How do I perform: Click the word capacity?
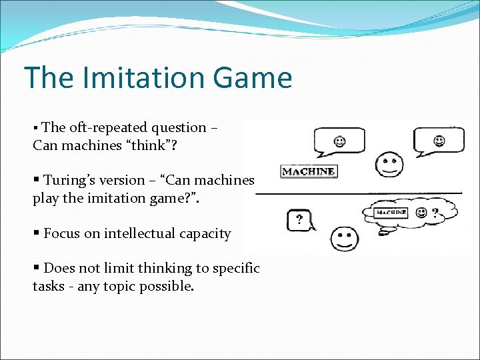(205, 233)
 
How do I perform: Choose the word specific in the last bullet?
(235, 269)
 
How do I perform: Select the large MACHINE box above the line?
(308, 171)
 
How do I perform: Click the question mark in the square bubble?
(299, 218)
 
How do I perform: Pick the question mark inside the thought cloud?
(435, 213)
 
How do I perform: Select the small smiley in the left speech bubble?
(340, 141)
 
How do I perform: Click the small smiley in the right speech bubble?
(439, 141)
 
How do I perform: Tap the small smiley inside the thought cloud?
(421, 213)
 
